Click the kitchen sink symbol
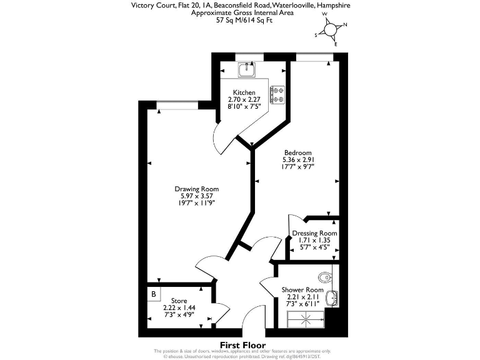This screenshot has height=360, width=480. point(246,71)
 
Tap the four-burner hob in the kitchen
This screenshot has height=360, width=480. point(277,95)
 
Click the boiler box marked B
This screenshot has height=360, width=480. point(153,293)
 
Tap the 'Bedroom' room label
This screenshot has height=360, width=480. point(297,152)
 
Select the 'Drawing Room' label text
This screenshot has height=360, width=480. point(196,189)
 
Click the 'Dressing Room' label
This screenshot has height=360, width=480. point(314,234)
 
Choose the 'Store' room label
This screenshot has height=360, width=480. point(171,301)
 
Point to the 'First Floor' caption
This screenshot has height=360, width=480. point(242,345)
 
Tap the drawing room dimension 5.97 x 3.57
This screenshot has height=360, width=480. point(196,196)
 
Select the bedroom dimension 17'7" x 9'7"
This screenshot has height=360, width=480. point(297,166)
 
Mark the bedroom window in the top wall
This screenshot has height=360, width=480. point(314,57)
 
